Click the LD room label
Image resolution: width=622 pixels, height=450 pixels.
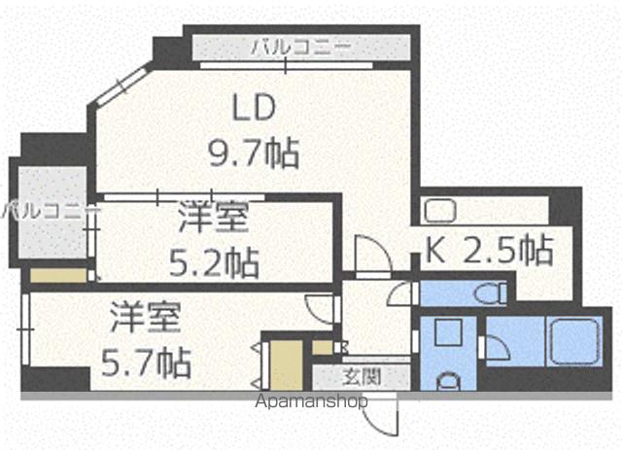[x=254, y=107]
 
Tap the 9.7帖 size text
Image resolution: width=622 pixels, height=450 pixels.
[x=254, y=153]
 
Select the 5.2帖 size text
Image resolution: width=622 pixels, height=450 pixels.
[x=214, y=262]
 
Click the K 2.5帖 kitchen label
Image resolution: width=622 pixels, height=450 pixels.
[x=489, y=250]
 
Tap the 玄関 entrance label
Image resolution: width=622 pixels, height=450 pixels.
[x=362, y=377]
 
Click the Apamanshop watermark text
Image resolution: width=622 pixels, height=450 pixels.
[x=311, y=401]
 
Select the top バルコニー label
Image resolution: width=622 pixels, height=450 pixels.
[x=301, y=48]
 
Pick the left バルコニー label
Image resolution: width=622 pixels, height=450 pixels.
[x=50, y=210]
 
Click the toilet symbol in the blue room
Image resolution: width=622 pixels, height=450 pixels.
[x=493, y=294]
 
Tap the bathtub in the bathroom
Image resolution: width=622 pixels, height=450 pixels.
[x=573, y=341]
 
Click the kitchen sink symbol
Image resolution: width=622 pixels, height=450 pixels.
[x=440, y=211]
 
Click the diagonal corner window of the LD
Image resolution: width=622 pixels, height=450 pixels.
[x=121, y=86]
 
